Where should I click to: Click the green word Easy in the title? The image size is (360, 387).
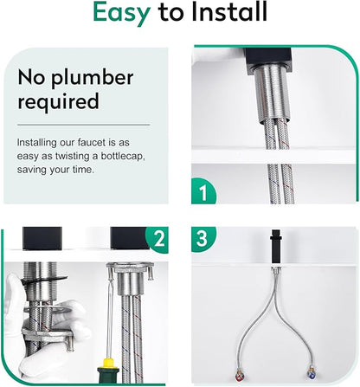tap(121, 13)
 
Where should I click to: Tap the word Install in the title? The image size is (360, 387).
tap(229, 11)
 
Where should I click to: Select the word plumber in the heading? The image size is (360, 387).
tap(93, 79)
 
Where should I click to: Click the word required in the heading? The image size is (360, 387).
tap(58, 101)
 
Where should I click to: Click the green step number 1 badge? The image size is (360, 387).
tap(203, 192)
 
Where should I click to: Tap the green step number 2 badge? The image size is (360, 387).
tap(157, 239)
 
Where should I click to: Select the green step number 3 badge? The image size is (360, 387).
tap(202, 238)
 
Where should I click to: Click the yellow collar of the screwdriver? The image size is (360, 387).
tap(108, 363)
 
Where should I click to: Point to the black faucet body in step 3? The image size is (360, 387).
tap(275, 246)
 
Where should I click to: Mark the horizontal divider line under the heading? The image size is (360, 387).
tap(84, 125)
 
